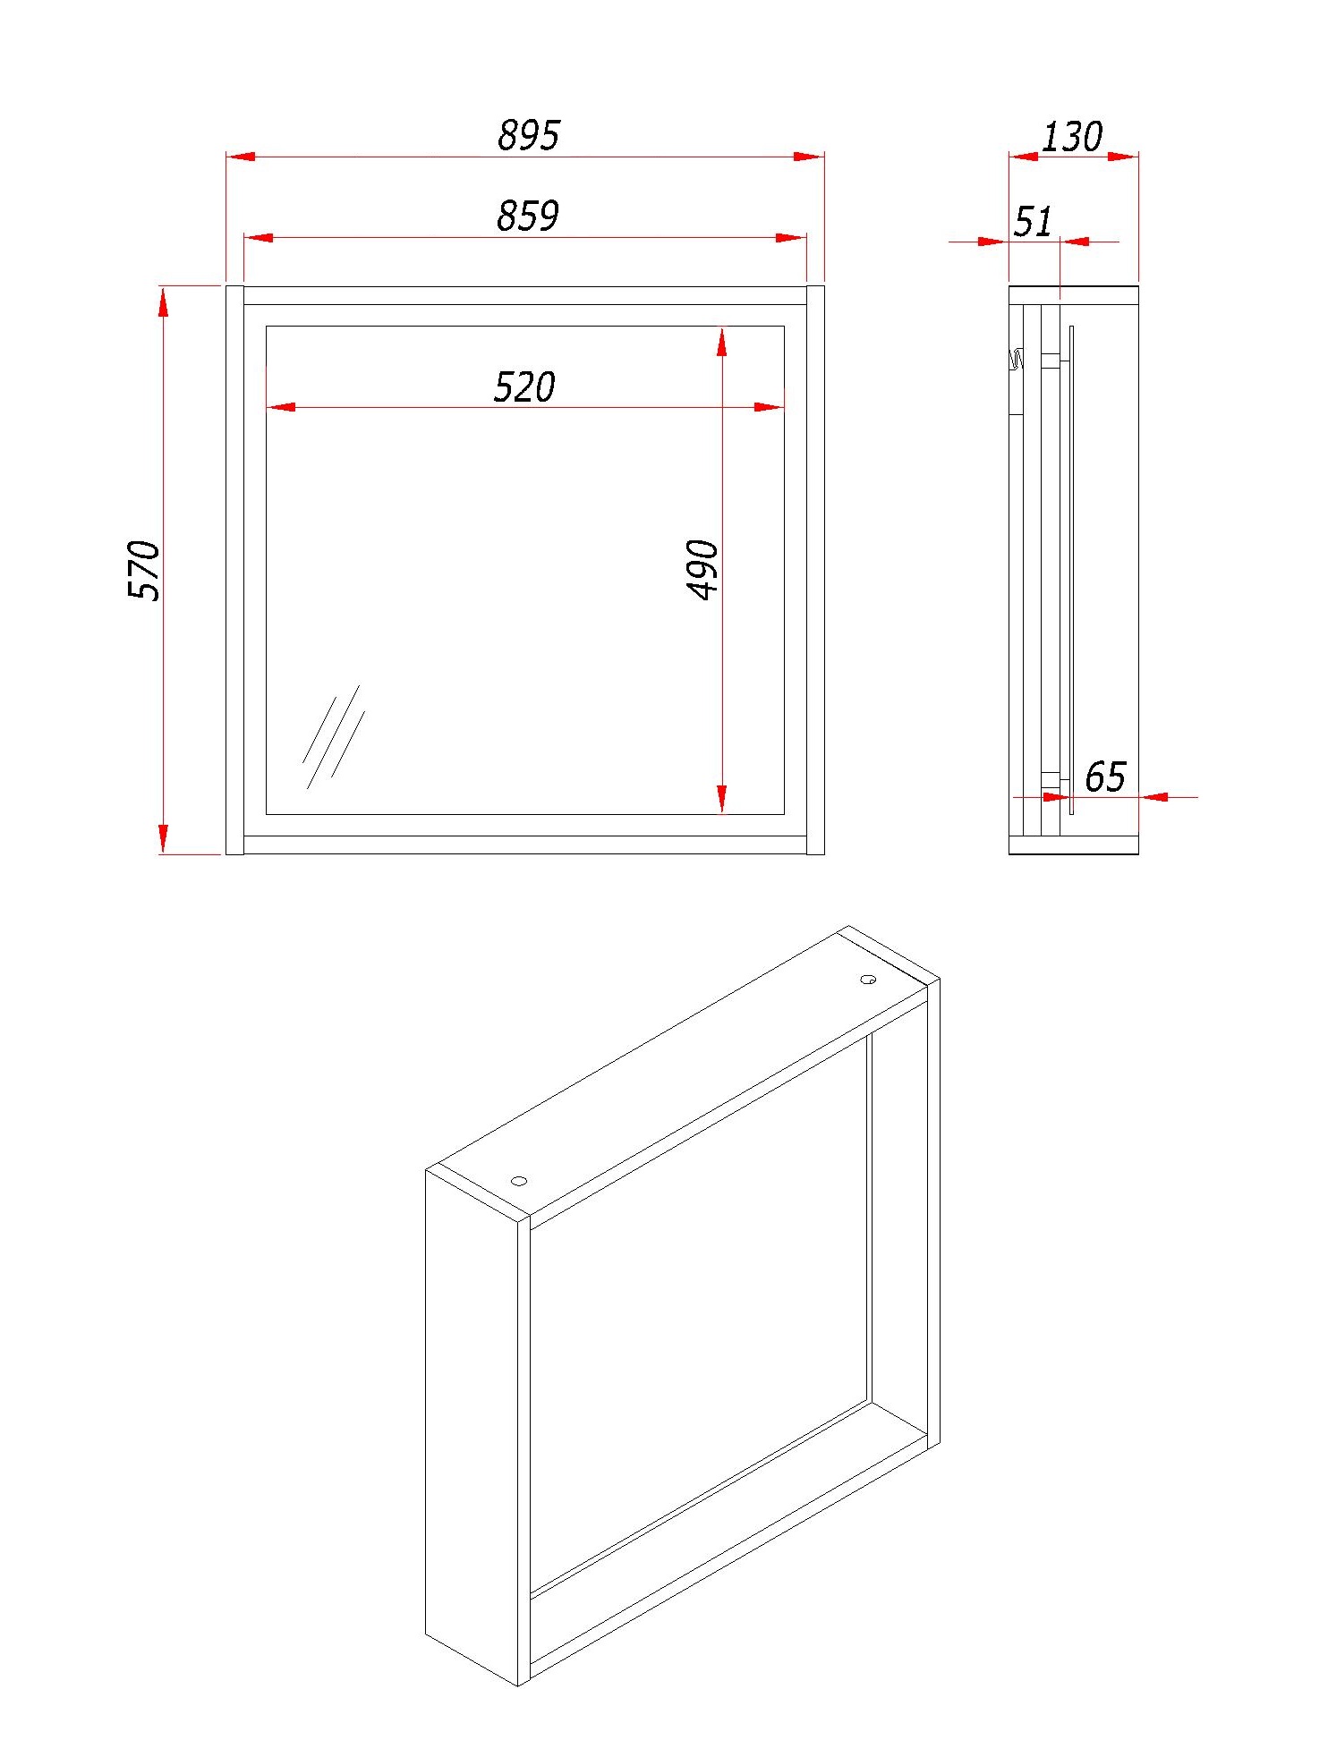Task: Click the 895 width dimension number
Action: click(x=528, y=135)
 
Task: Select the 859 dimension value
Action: click(x=528, y=216)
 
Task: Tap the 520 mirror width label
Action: click(x=524, y=387)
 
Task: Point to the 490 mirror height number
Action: click(x=702, y=569)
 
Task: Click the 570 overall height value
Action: click(x=144, y=570)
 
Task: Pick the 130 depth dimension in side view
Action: click(x=1072, y=137)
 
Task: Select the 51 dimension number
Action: click(x=1033, y=221)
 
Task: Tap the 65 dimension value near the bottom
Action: click(x=1105, y=777)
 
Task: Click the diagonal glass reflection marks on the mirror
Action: click(x=333, y=736)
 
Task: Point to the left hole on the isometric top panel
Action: click(x=519, y=1181)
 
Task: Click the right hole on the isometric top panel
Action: click(x=868, y=980)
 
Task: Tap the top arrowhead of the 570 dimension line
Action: click(x=163, y=301)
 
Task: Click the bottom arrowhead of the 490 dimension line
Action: click(x=721, y=799)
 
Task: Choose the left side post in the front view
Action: click(x=234, y=570)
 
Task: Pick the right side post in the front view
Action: click(x=815, y=570)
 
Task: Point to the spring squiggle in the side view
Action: click(x=1017, y=361)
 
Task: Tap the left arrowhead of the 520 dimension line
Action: click(x=281, y=408)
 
